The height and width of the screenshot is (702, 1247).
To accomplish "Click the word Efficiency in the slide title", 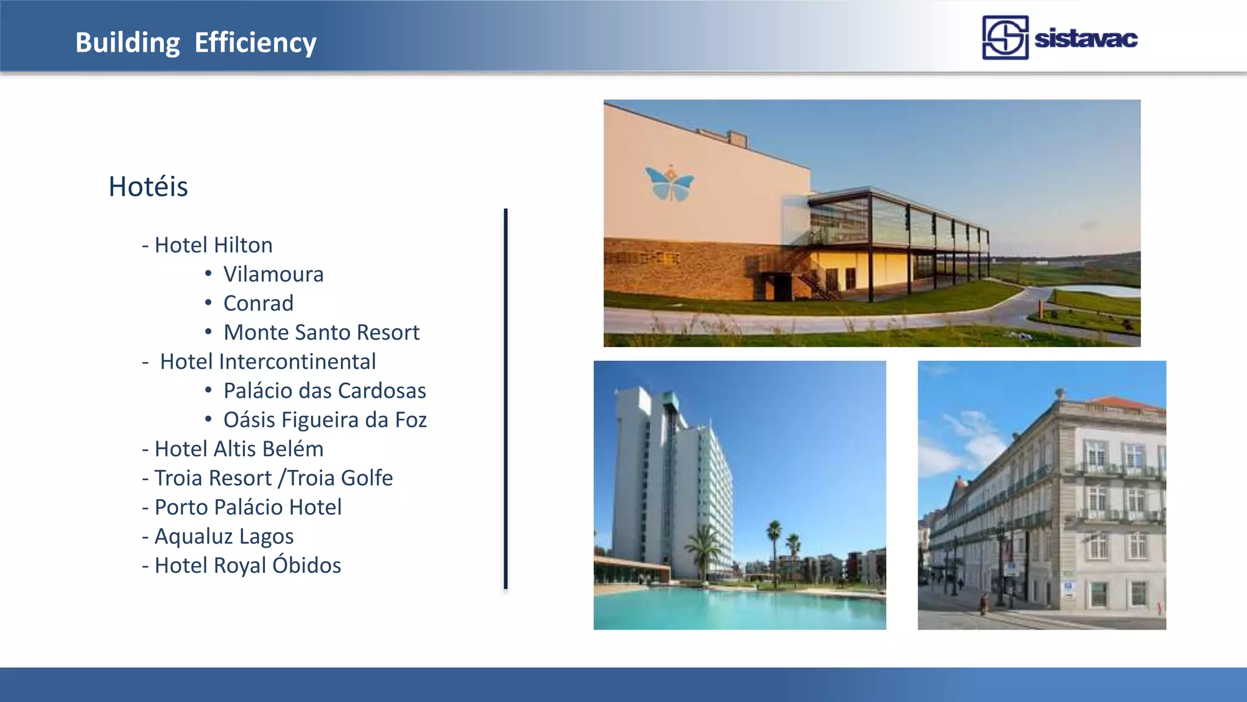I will pyautogui.click(x=255, y=43).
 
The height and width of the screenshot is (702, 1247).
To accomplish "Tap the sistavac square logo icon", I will pyautogui.click(x=1005, y=38).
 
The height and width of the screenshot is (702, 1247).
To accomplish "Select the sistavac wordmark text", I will pyautogui.click(x=1086, y=39).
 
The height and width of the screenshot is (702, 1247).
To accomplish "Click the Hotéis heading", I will pyautogui.click(x=148, y=186).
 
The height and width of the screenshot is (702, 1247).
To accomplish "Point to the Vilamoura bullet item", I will pyautogui.click(x=273, y=274).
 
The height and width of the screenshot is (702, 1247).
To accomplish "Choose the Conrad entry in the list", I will pyautogui.click(x=258, y=303).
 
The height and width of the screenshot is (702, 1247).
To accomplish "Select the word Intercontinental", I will pyautogui.click(x=297, y=362).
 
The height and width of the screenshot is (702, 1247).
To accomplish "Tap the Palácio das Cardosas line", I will pyautogui.click(x=325, y=391).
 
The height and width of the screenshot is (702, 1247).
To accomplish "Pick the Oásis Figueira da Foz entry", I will pyautogui.click(x=325, y=420).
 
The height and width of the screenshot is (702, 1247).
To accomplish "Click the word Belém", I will pyautogui.click(x=297, y=449).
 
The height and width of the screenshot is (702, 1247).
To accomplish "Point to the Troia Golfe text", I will pyautogui.click(x=340, y=478).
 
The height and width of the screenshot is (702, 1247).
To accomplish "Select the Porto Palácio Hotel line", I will pyautogui.click(x=248, y=508).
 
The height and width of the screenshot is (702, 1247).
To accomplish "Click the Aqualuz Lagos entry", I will pyautogui.click(x=224, y=537).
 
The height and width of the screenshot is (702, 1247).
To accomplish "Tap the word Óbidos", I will pyautogui.click(x=306, y=565).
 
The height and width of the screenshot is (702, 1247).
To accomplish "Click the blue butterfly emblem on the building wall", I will pyautogui.click(x=669, y=183).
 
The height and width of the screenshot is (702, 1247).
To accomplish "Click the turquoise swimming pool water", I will pyautogui.click(x=731, y=609).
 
